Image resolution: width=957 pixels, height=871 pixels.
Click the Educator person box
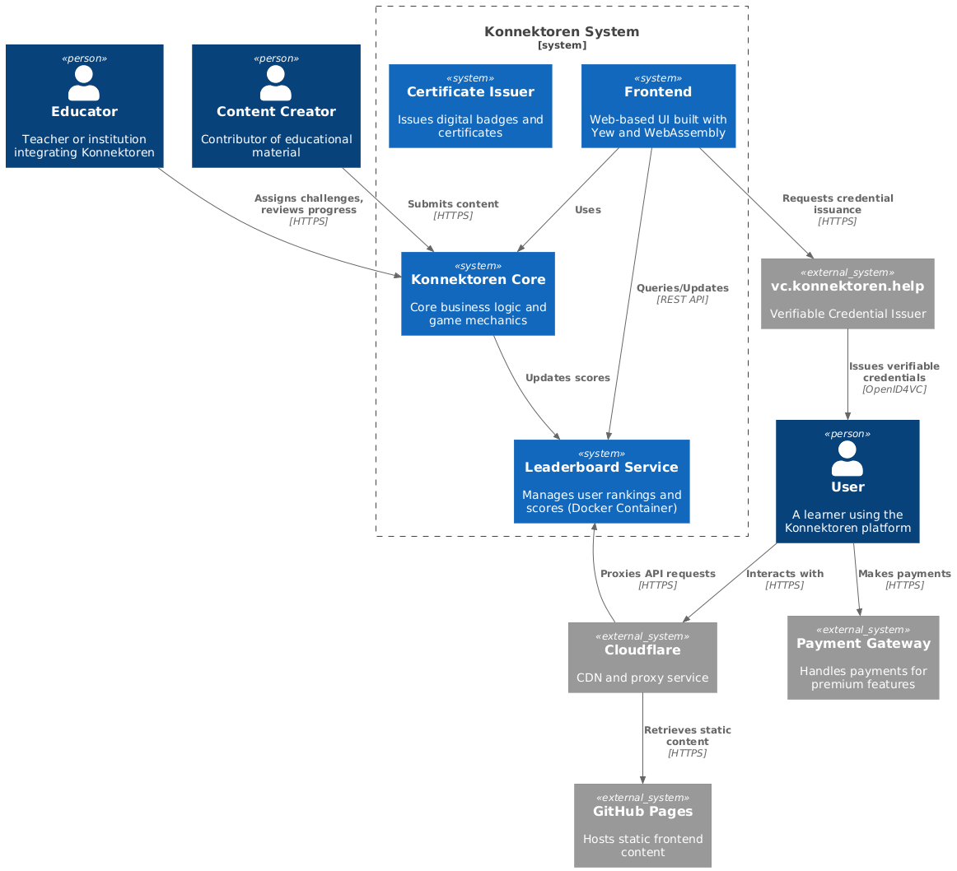click(84, 106)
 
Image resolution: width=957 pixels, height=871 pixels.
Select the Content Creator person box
click(276, 106)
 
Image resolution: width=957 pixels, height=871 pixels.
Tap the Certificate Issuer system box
click(470, 106)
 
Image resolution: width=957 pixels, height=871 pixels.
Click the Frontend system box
click(658, 106)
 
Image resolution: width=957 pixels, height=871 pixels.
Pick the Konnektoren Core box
click(478, 294)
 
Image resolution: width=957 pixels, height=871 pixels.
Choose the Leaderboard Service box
click(601, 482)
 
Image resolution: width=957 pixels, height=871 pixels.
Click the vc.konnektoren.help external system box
click(847, 294)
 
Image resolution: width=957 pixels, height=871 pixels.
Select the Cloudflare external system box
click(642, 657)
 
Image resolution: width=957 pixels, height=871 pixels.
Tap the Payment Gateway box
click(863, 657)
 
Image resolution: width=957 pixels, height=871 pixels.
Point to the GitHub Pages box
click(642, 825)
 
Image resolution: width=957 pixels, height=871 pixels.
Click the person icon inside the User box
click(847, 459)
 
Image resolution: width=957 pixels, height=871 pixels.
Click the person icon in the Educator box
click(84, 83)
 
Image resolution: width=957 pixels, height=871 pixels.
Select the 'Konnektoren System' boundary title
click(562, 32)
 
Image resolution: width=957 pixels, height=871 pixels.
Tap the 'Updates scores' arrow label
click(567, 378)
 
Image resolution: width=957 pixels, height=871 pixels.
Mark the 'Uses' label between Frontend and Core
click(587, 210)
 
